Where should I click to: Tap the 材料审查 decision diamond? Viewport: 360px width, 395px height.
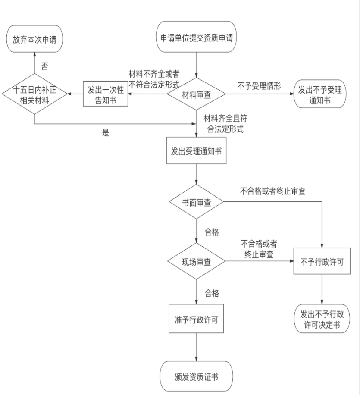[x=197, y=94]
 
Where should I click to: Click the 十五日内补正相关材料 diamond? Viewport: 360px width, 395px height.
[x=34, y=94]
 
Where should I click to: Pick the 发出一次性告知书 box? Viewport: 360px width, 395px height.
[x=106, y=94]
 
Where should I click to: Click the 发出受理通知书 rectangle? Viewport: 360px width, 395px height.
[x=196, y=151]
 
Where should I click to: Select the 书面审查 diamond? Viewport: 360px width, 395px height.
[x=197, y=203]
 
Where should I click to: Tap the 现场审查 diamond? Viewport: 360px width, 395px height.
[x=197, y=262]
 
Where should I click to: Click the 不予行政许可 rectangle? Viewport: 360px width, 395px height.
[x=322, y=261]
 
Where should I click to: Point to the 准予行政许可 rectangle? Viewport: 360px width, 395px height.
[x=197, y=319]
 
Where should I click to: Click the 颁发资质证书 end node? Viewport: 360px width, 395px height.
[x=197, y=376]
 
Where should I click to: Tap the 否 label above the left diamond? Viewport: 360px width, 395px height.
[x=44, y=67]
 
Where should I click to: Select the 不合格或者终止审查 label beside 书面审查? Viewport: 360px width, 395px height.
[x=272, y=191]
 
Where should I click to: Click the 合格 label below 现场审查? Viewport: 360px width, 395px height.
[x=211, y=294]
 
